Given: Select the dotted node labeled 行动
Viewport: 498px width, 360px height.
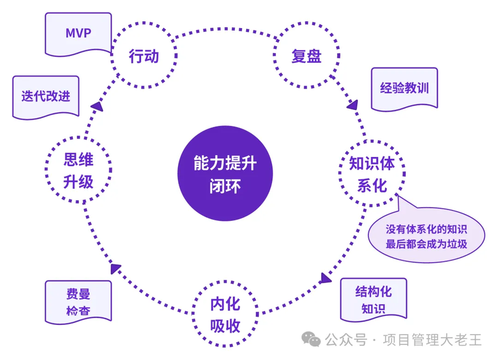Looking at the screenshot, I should click(144, 57).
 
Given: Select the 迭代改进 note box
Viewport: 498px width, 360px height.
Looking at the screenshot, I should click(46, 96).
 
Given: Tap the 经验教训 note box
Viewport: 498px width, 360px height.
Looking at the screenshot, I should click(404, 89).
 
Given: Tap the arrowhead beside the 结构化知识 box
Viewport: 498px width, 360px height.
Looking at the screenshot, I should click(326, 279).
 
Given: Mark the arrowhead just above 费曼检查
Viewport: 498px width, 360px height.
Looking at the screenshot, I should click(115, 268).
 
